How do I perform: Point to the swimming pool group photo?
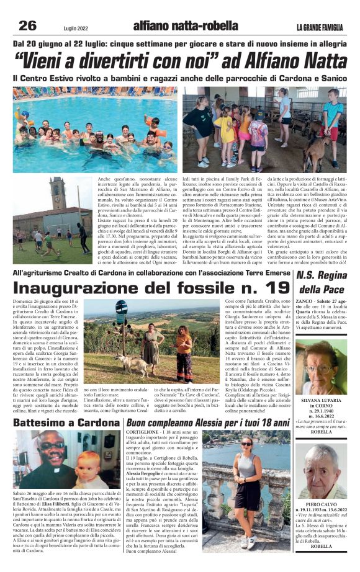tap(94, 130)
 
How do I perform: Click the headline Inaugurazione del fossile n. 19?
tap(151, 287)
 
